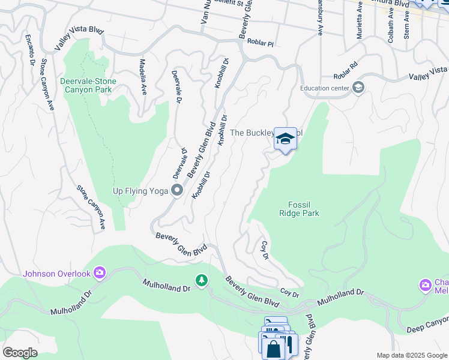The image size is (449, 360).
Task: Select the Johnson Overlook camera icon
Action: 100,274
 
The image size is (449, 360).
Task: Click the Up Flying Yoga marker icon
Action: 177,191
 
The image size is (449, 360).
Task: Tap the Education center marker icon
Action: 358,89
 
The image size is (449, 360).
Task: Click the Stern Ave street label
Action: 406,28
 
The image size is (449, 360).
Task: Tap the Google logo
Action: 20,353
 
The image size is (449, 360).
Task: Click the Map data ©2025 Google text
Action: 411,355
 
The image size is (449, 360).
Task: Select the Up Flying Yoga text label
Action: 141,191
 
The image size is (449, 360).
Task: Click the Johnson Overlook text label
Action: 56,274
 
